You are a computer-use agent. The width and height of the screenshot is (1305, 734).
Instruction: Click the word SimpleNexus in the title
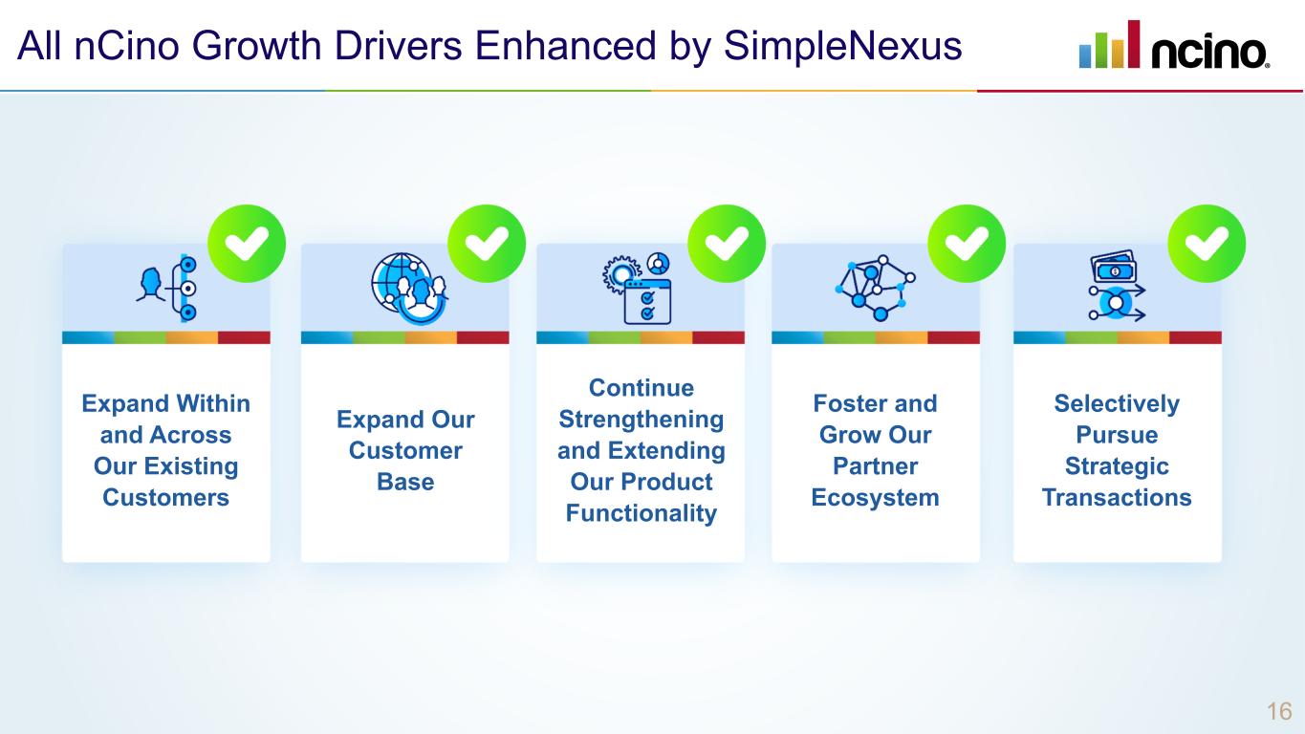point(842,45)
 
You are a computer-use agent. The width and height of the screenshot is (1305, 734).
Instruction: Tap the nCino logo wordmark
point(1209,53)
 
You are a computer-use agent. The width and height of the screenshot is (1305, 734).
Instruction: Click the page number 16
point(1279,711)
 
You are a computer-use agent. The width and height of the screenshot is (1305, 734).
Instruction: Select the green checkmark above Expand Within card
point(247,244)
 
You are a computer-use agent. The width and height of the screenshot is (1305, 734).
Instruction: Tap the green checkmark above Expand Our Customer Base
point(487,244)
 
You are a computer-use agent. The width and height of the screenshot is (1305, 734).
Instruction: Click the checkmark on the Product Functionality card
point(727,244)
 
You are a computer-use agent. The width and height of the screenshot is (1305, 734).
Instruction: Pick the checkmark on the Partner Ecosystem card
point(967,244)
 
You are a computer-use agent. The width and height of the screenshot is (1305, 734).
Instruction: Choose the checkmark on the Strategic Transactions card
point(1207,244)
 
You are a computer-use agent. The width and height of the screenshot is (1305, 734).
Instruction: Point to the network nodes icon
point(875,286)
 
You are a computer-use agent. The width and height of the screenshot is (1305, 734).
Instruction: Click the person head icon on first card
point(150,284)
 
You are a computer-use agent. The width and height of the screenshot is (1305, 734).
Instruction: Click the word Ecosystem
point(875,498)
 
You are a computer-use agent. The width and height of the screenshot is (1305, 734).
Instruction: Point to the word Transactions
point(1116,498)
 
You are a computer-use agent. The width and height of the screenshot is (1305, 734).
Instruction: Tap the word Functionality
point(641,513)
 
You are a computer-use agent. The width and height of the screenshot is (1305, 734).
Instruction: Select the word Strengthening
point(641,420)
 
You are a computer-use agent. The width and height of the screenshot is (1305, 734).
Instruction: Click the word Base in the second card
point(405,482)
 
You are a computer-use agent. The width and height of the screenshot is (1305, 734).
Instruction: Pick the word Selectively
point(1116,403)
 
